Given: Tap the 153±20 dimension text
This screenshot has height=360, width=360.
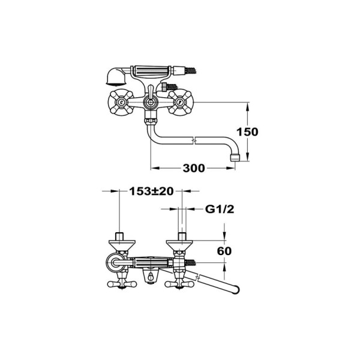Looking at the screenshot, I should coord(151,191).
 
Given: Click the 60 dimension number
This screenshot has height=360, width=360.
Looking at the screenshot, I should coord(224,251).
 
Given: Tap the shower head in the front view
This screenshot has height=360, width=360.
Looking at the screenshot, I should coord(112,76).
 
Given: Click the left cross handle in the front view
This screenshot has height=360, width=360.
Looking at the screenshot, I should coord(121,103).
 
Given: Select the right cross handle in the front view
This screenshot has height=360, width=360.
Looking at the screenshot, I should coord(180,103).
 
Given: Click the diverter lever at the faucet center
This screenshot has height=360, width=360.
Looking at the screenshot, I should coord(151,103).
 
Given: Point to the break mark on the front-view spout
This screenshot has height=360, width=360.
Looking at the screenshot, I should coord(192,142).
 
